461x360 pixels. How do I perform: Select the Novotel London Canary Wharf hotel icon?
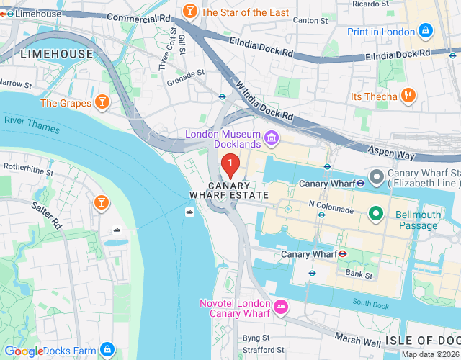(x=281, y=307)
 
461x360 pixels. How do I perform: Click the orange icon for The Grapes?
(x=102, y=103)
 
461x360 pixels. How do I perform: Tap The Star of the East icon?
(x=190, y=12)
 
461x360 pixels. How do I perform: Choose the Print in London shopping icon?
(x=426, y=32)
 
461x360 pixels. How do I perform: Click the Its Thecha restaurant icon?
(x=408, y=96)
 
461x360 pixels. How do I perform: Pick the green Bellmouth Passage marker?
(x=375, y=213)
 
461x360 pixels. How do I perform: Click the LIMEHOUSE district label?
(x=57, y=54)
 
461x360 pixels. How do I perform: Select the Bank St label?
(x=359, y=274)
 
